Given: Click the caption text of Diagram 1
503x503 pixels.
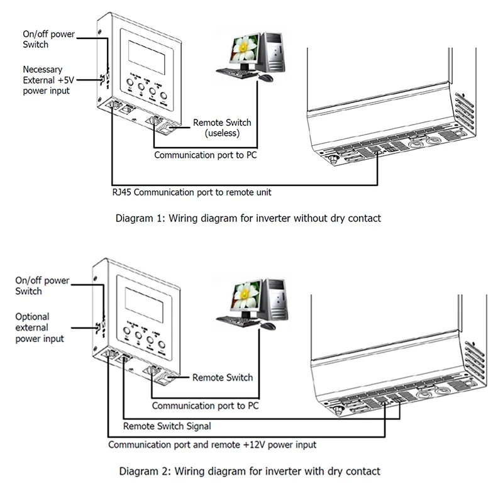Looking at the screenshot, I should (249, 219).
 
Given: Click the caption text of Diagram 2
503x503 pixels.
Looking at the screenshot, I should (248, 470).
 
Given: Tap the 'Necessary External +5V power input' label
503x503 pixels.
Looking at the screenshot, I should (46, 80).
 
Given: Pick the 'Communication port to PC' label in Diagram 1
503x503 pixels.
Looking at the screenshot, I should (205, 154).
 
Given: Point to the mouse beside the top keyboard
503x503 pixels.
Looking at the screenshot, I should (266, 78).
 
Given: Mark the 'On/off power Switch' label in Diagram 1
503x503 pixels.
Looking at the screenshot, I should (43, 40).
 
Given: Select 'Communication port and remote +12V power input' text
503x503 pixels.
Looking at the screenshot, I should (212, 445).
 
